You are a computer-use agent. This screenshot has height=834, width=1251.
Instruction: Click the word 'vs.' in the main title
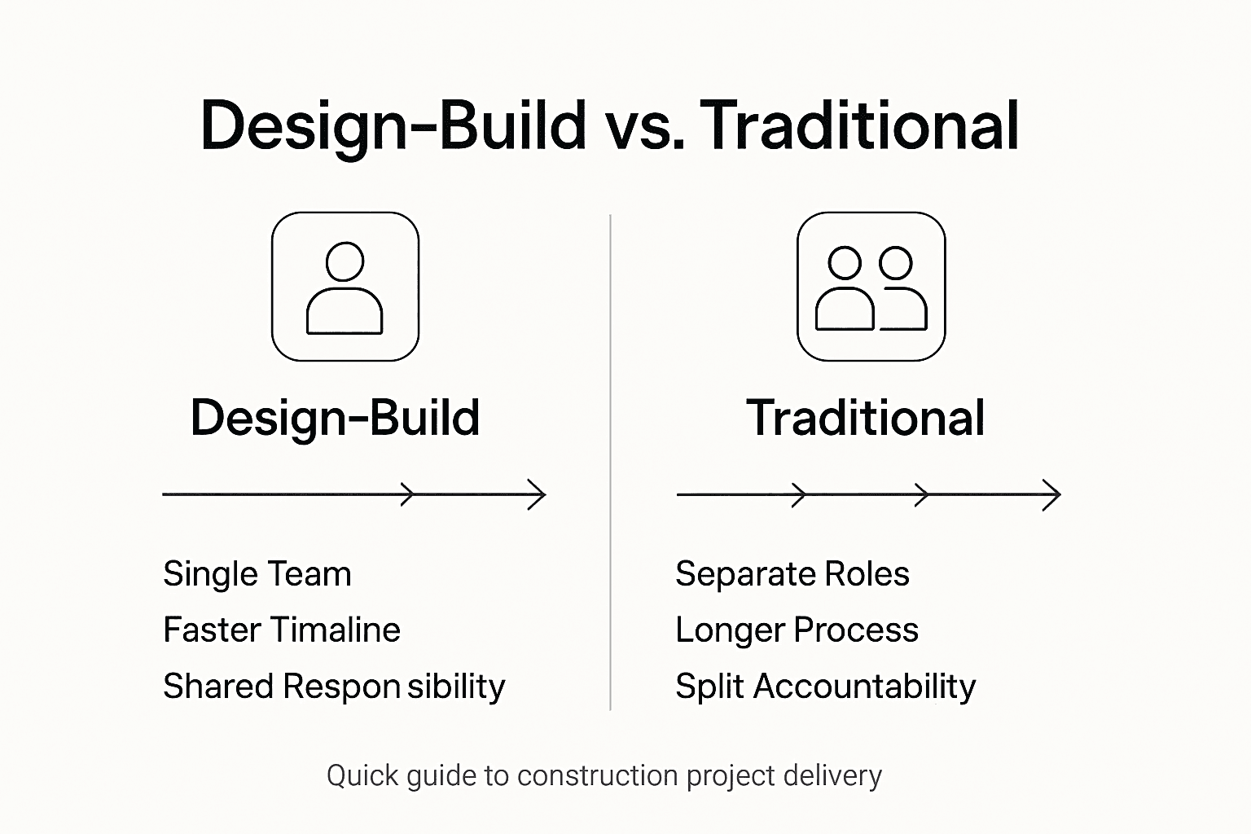[x=643, y=126]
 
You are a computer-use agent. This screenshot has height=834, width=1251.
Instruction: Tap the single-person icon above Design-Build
[x=345, y=287]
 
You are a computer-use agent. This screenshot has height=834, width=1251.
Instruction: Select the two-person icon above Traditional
[x=871, y=287]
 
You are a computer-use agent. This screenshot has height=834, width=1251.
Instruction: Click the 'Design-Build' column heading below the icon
[x=335, y=418]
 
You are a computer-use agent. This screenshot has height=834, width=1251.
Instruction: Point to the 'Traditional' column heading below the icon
[x=865, y=418]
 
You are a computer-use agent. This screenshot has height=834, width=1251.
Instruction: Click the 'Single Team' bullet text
[x=257, y=574]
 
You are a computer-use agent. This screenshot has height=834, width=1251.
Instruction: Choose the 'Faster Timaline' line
[x=281, y=630]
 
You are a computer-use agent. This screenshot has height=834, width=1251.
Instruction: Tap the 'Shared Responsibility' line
[x=334, y=687]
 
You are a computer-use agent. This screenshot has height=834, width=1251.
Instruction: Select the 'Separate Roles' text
[x=792, y=574]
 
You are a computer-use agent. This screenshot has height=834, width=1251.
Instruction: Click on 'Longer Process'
[x=797, y=630]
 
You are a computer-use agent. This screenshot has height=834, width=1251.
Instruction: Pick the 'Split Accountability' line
[x=825, y=687]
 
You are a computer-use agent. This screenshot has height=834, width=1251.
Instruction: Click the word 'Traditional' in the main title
[x=859, y=126]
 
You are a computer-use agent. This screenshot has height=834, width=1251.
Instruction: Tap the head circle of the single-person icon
[x=345, y=261]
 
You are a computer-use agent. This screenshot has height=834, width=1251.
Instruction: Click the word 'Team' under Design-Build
[x=313, y=574]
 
